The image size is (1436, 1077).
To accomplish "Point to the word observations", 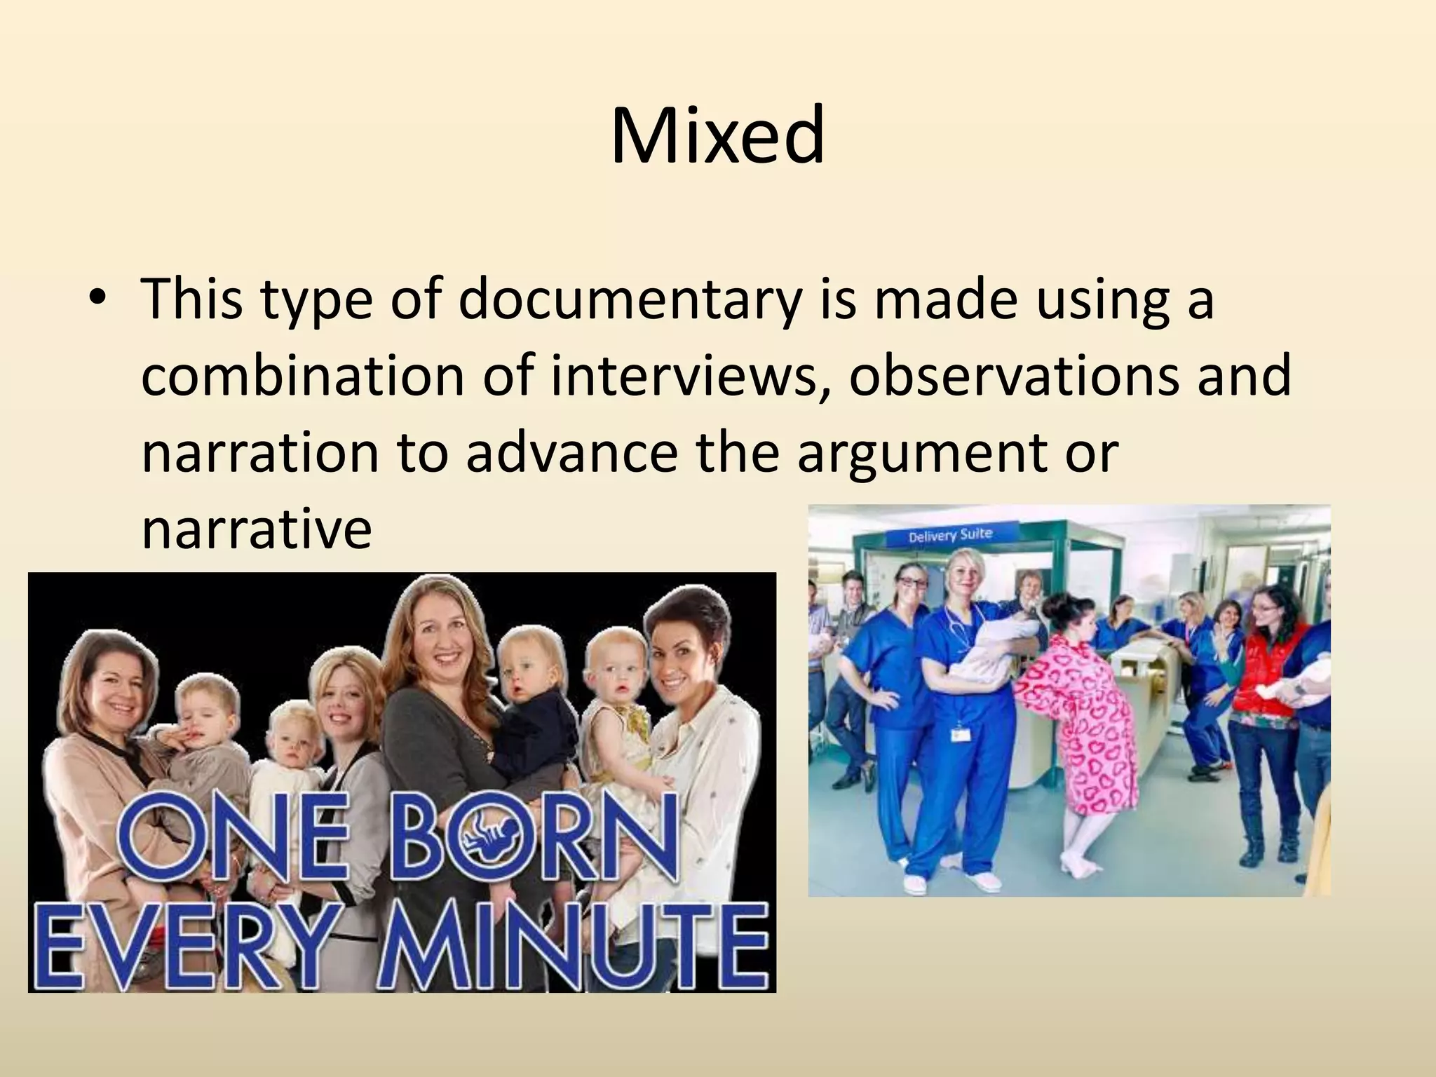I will point(1014,375).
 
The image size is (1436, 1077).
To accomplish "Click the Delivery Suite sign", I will point(950,536).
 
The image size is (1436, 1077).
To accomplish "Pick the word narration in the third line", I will point(259,452).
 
